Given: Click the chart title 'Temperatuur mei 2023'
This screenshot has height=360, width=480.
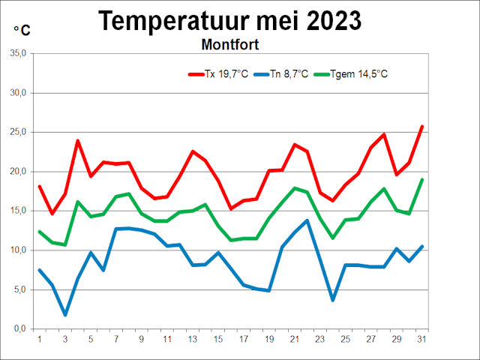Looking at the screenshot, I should (229, 20).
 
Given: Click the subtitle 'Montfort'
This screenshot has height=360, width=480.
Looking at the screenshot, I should (229, 44).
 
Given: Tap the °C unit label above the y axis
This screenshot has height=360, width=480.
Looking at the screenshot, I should (22, 30).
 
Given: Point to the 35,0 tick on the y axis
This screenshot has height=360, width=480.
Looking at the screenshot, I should (16, 54).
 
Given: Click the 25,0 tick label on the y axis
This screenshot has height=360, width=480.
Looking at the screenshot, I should (16, 132).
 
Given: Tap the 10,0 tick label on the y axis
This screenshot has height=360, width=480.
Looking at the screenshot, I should (16, 250).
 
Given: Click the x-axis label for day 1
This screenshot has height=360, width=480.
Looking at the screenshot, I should (40, 338).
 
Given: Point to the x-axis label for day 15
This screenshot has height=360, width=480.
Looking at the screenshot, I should (218, 338).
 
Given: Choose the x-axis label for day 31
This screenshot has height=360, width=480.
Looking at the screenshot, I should (422, 338).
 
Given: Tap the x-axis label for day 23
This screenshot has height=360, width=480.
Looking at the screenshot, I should (320, 338).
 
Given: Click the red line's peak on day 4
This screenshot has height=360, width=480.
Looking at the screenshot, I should (78, 140).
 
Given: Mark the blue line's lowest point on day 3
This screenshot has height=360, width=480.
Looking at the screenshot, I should (65, 315).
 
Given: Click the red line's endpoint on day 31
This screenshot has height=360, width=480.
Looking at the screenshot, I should (422, 127).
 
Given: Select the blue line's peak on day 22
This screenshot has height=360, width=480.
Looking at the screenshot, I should (307, 220).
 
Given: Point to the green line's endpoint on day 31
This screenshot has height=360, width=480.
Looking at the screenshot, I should (422, 179).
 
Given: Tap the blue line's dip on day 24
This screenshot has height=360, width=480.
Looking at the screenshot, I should (333, 300).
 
